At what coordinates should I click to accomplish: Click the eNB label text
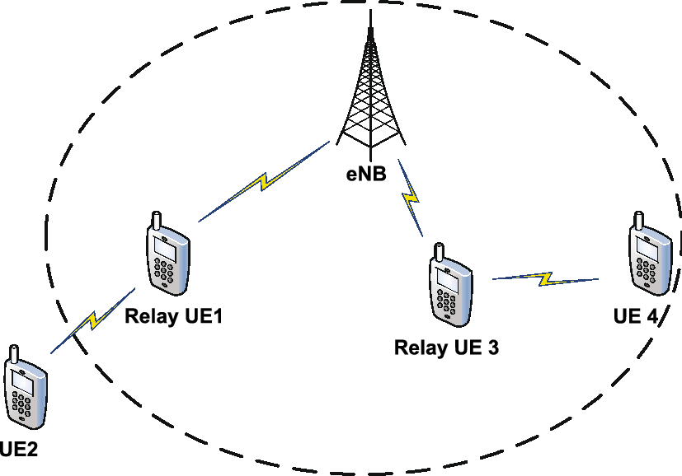coord(367,175)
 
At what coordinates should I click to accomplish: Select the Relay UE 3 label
coord(446,348)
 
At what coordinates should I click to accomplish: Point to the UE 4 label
coord(635,316)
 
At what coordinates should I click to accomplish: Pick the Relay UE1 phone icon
coord(167,255)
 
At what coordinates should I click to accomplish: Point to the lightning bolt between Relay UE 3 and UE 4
coord(545,279)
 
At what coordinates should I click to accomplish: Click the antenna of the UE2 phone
coord(12,354)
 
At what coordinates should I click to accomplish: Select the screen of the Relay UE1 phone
coord(162,246)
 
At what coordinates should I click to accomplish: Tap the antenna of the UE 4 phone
coord(637,220)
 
